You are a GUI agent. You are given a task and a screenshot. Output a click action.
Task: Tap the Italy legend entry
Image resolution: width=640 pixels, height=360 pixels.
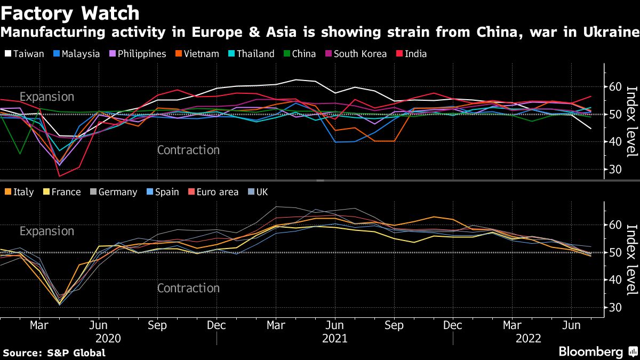[x=22, y=192]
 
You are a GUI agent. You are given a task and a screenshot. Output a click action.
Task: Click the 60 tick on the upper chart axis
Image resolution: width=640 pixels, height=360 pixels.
[x=615, y=87]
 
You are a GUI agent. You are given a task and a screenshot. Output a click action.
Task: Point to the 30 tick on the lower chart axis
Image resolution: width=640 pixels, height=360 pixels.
[x=615, y=308]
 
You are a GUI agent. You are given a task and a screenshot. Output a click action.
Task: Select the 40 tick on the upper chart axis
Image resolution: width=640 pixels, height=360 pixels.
[x=615, y=142]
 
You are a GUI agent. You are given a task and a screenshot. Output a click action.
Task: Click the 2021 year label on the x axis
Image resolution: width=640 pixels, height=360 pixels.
[x=334, y=339]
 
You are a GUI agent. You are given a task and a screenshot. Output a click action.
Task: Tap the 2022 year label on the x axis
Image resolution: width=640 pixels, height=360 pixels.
[x=528, y=339]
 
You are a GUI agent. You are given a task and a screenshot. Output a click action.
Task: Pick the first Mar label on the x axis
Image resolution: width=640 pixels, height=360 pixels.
[x=39, y=325]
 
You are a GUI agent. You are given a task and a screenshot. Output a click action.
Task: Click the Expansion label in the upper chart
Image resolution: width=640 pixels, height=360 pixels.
[x=47, y=97]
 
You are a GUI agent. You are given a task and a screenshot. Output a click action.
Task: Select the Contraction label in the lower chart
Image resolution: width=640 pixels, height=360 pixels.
[x=188, y=289]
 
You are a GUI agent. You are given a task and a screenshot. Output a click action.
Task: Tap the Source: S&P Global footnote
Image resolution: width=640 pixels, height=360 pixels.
[x=54, y=353]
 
